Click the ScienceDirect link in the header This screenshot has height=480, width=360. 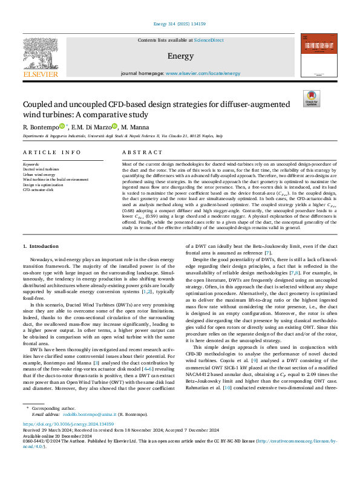[x=208, y=40]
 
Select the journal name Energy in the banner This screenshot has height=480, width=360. [x=180, y=57]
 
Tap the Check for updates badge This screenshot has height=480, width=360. [x=312, y=99]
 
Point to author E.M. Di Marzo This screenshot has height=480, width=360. [x=90, y=128]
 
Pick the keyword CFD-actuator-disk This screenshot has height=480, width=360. [x=39, y=189]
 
